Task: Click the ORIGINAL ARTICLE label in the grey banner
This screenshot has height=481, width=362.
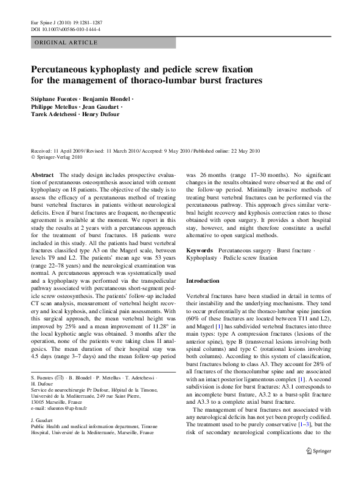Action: [66, 42]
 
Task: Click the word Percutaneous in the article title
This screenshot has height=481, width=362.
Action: [64, 69]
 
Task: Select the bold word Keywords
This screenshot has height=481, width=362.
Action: [200, 250]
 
